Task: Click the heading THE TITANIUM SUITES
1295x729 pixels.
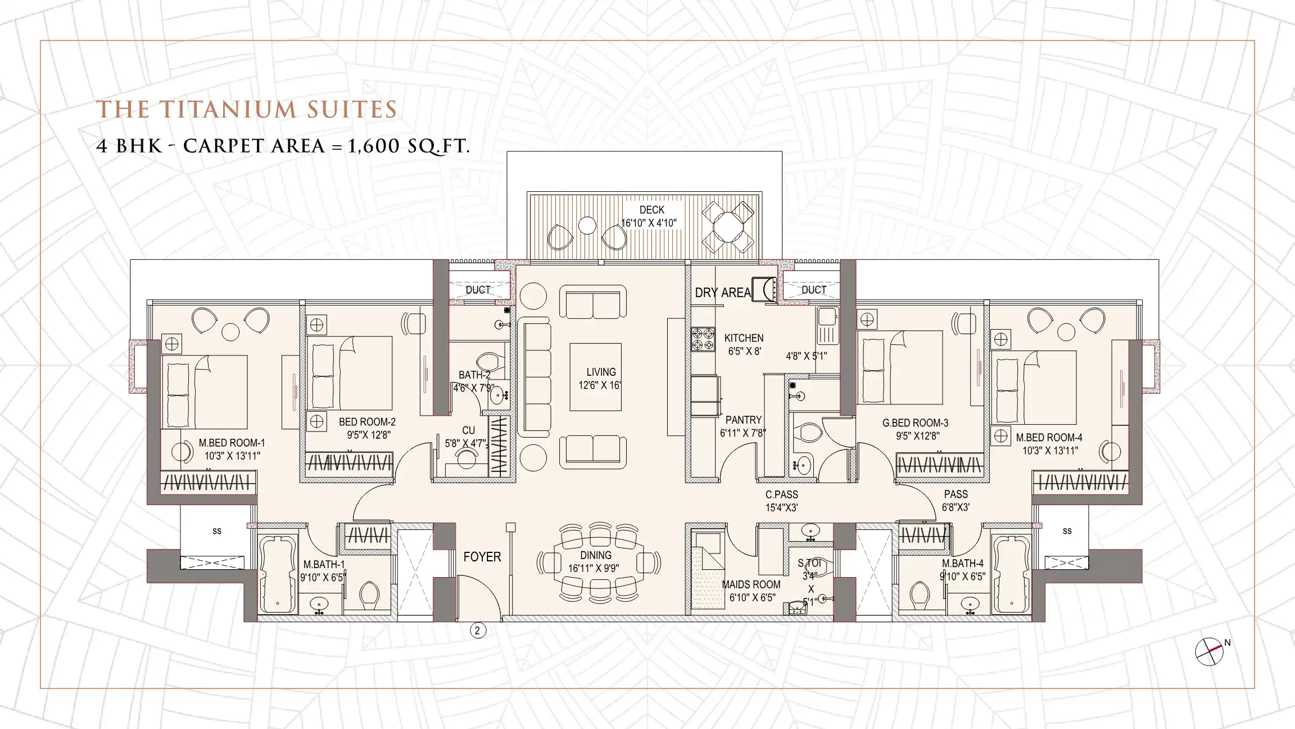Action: (247, 110)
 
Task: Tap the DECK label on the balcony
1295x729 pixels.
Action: (651, 210)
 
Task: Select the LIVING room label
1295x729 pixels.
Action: (601, 372)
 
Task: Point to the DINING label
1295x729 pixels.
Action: (596, 555)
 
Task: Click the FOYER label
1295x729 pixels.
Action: (482, 557)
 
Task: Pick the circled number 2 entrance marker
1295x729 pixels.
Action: (478, 631)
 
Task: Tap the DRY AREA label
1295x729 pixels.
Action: (723, 292)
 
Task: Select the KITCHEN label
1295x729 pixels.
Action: (744, 338)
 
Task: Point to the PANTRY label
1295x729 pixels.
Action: (743, 420)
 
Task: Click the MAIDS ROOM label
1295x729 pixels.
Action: (751, 584)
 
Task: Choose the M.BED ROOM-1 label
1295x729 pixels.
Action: (232, 443)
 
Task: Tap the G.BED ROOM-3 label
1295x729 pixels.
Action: (915, 423)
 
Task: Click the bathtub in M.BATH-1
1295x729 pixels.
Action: (278, 574)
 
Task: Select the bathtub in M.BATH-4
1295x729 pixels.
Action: (1011, 574)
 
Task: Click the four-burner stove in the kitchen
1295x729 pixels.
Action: (703, 339)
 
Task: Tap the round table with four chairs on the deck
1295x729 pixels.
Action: (728, 227)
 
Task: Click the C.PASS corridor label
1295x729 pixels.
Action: (781, 495)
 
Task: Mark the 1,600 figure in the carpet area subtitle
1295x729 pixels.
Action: (375, 146)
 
